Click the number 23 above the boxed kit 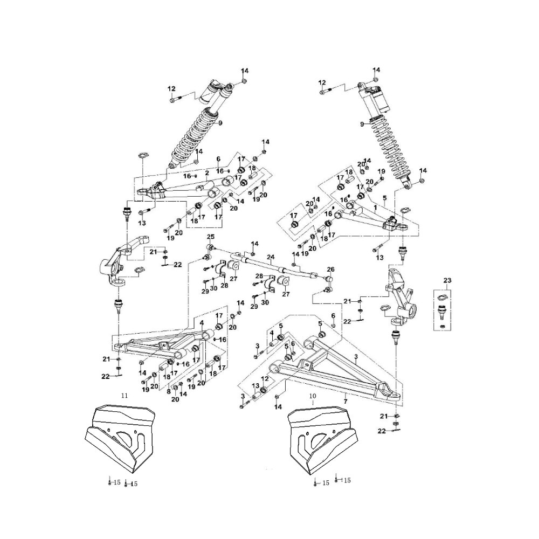tap(447, 280)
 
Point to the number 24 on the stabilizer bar tap(271, 257)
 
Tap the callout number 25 tap(211, 238)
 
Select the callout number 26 tap(330, 269)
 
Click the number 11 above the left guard tap(125, 396)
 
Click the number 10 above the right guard tap(312, 396)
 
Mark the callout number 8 tap(169, 377)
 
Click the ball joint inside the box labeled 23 tap(441, 310)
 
